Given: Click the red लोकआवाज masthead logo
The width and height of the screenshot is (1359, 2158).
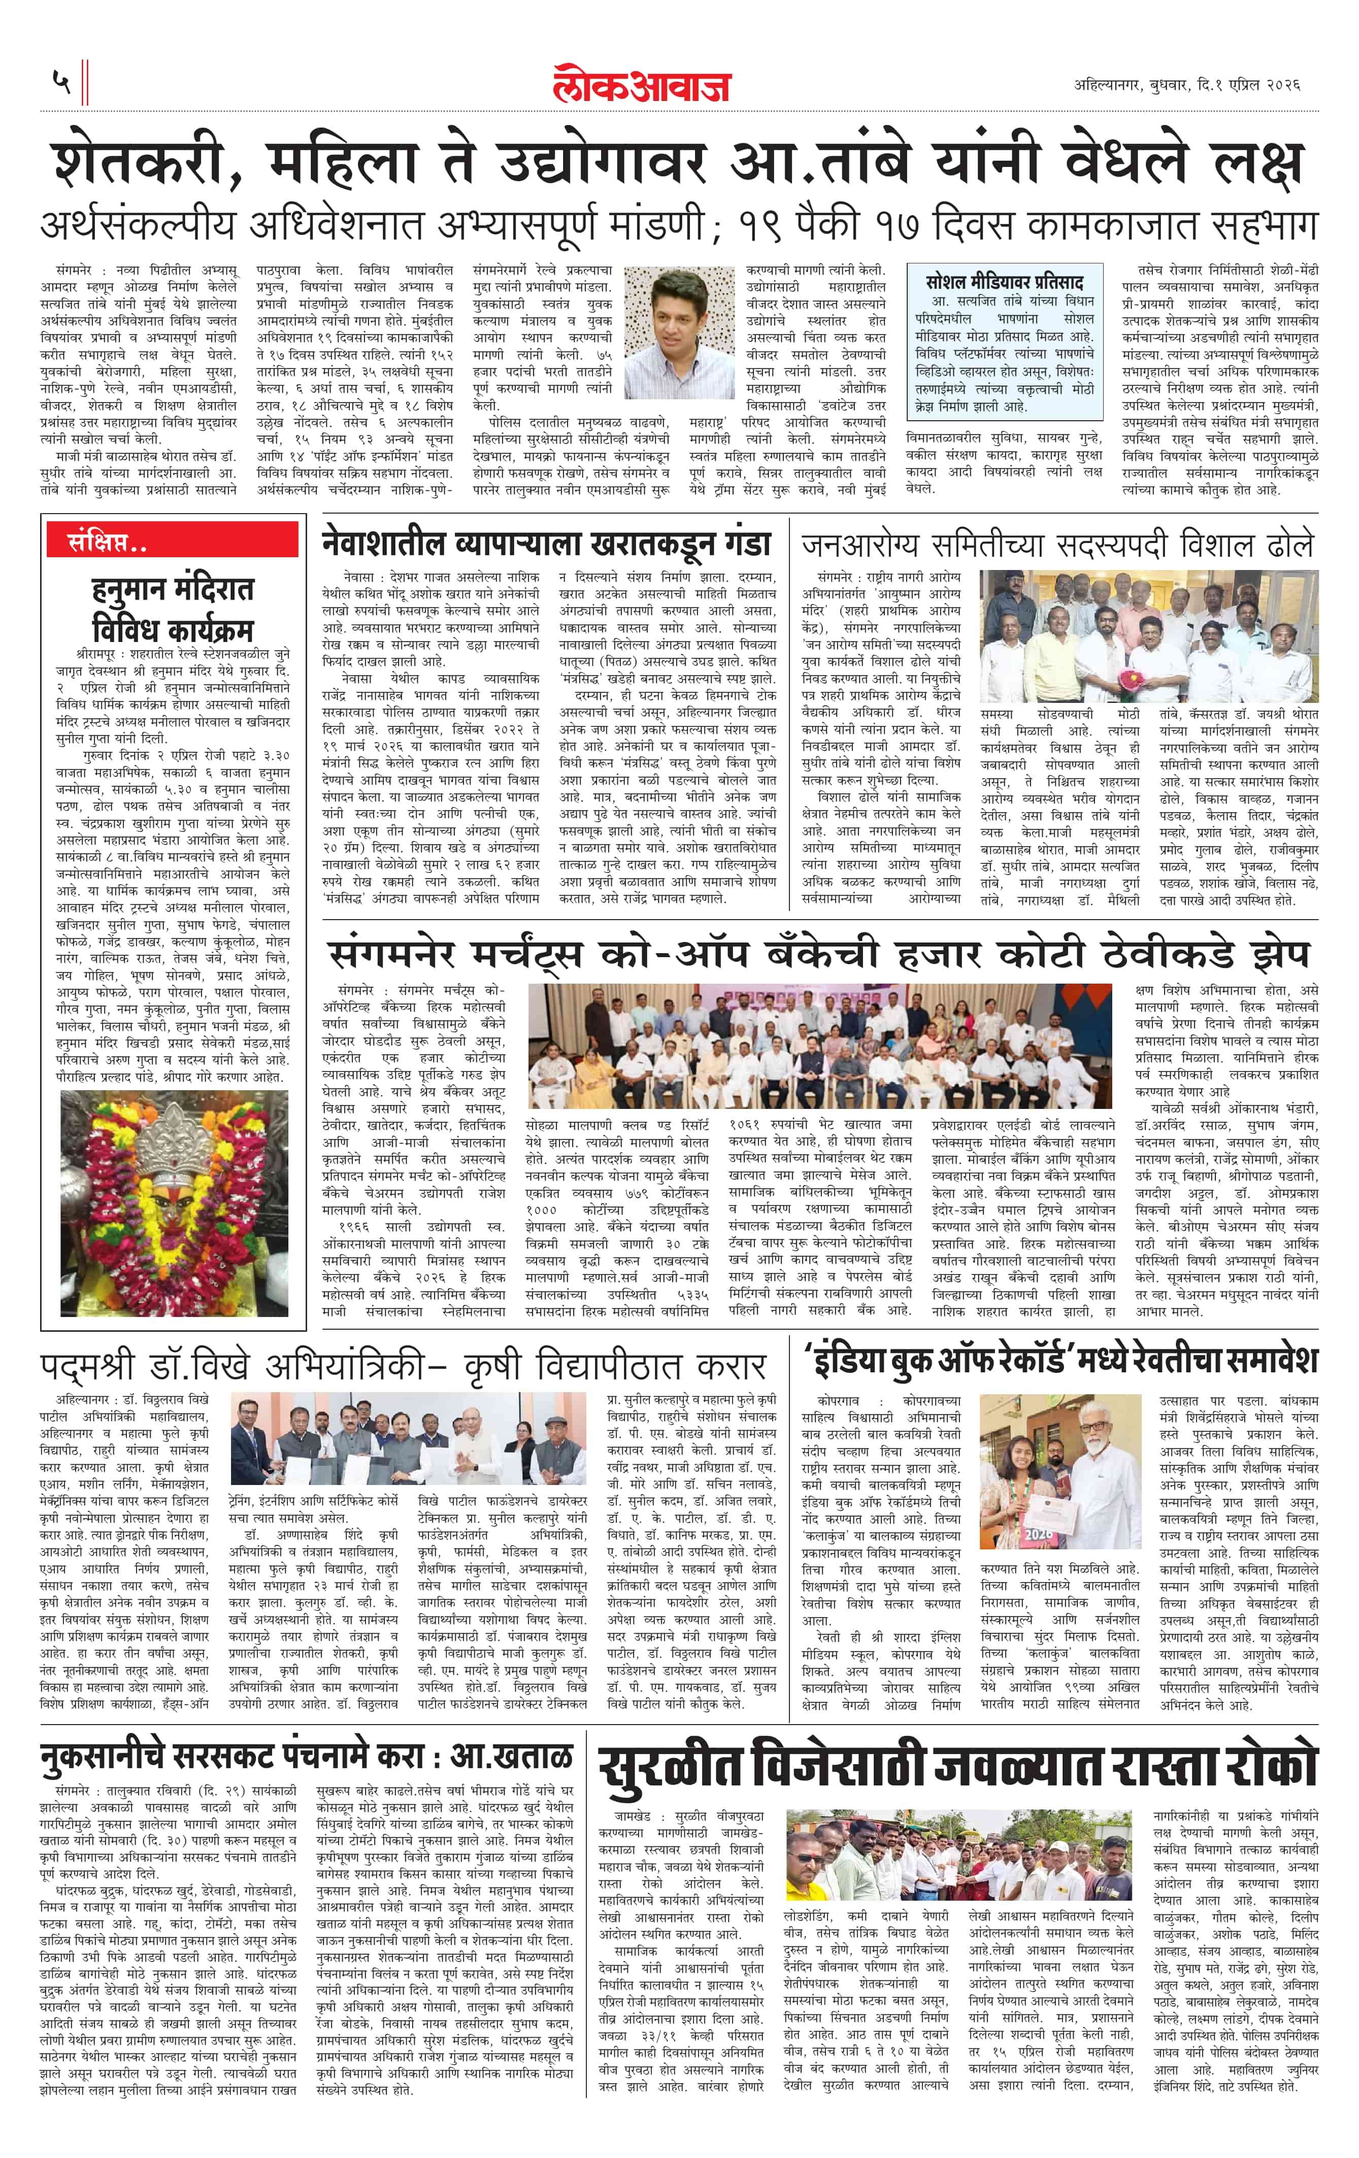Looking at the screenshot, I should tap(641, 85).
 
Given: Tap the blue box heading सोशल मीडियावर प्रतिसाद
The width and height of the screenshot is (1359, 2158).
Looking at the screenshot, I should tap(1004, 281).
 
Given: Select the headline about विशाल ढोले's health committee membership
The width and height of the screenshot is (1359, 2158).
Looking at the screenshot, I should tap(1058, 545).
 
